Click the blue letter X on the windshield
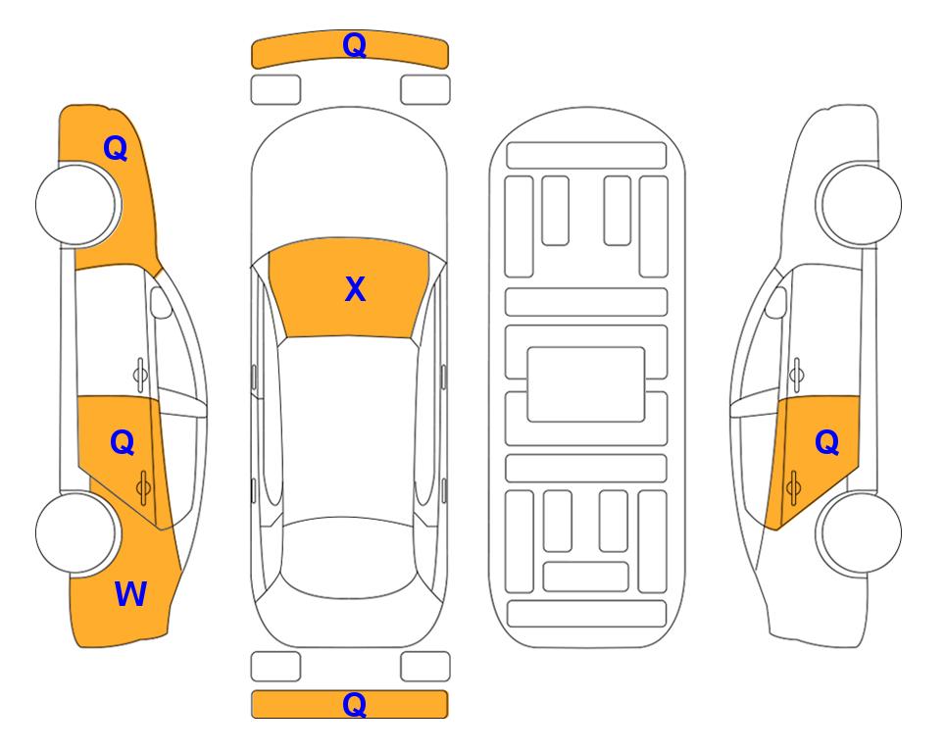(355, 288)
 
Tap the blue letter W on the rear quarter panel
(130, 593)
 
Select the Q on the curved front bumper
(354, 45)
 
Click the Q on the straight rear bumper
(354, 704)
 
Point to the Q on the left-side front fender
(116, 148)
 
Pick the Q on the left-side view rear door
(123, 443)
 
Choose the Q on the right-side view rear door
(826, 443)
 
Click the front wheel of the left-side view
(77, 204)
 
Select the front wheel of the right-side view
(860, 204)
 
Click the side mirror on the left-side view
(160, 302)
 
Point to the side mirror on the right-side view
(776, 302)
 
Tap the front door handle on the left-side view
(140, 375)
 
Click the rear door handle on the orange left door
(143, 487)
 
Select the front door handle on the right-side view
(796, 375)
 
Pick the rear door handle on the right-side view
(793, 487)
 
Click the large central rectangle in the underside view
(586, 384)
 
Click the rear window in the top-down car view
(347, 557)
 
